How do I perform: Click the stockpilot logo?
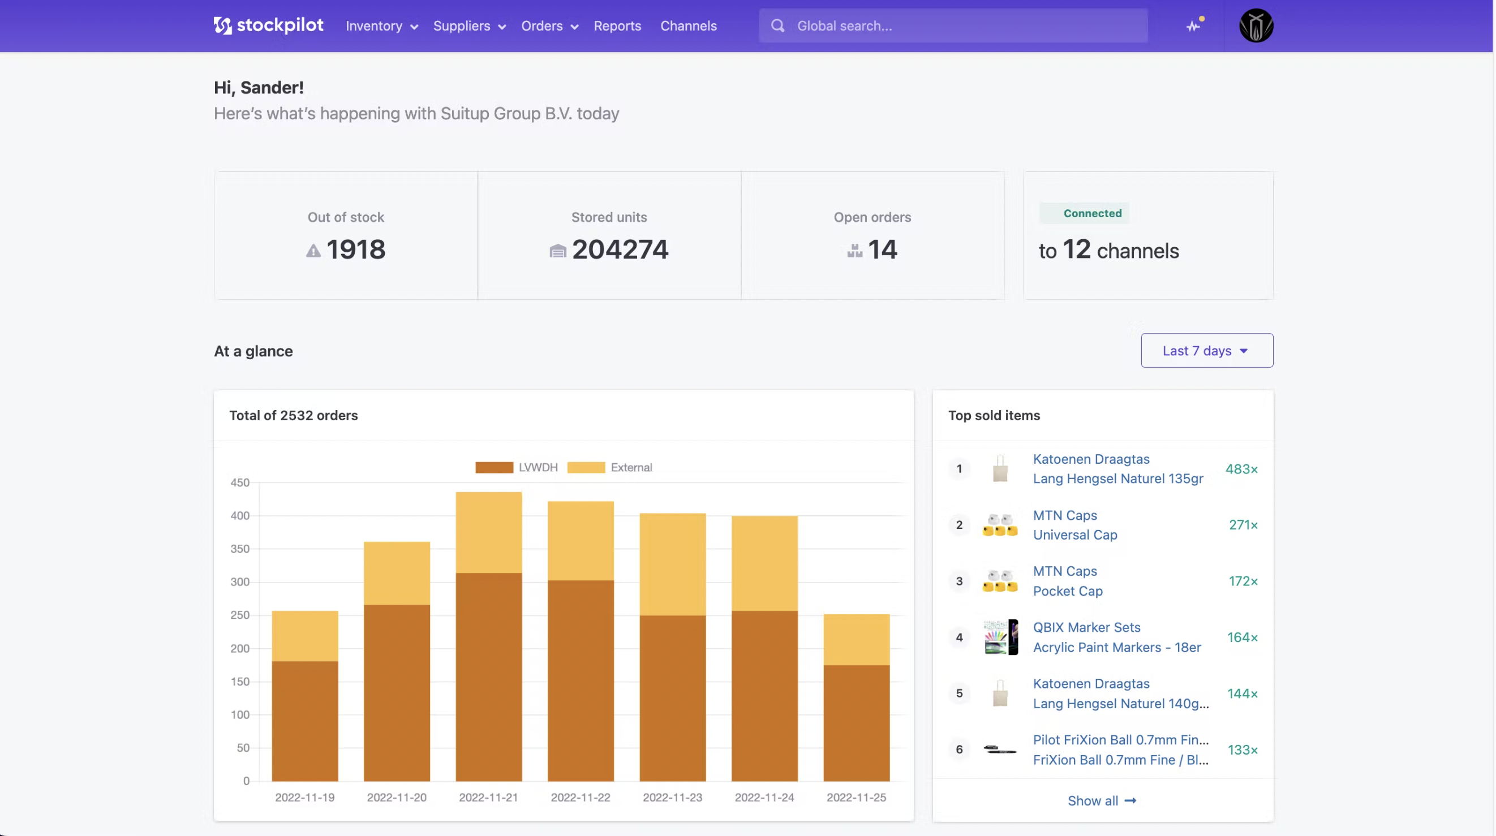268,25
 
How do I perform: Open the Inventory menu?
381,26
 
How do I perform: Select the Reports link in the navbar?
617,26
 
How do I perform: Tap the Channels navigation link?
688,26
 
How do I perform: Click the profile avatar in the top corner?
1256,26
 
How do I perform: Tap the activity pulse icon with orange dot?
1193,26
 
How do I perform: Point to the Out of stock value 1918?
355,249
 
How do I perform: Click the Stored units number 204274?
620,249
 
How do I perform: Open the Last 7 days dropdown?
1206,351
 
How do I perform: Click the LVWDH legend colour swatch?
493,467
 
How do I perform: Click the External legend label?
631,467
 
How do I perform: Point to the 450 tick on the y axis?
240,482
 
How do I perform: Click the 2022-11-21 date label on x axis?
488,797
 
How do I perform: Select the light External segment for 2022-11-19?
305,636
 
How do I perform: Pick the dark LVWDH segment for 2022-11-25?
856,723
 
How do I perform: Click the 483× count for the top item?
1241,469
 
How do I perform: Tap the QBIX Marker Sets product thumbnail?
1000,637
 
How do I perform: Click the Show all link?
1101,800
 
